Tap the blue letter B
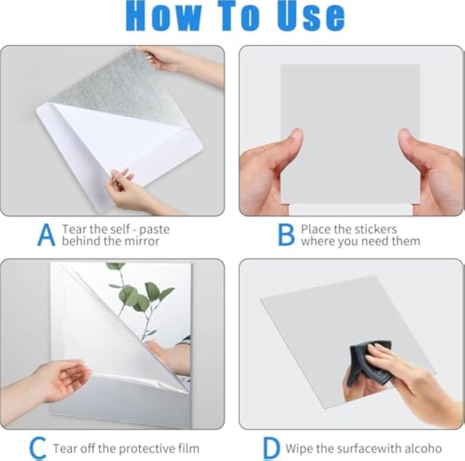click(286, 235)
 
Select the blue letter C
click(38, 449)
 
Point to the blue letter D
click(272, 449)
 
